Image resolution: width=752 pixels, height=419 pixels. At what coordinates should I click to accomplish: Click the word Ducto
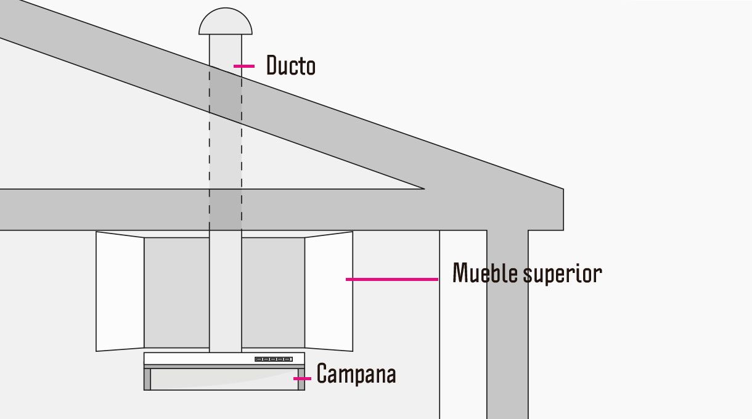pyautogui.click(x=291, y=65)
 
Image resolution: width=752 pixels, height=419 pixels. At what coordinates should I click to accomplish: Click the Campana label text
pyautogui.click(x=356, y=373)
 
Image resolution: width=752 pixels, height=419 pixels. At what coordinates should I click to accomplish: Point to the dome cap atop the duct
pyautogui.click(x=225, y=22)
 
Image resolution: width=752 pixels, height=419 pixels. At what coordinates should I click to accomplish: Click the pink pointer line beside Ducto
pyautogui.click(x=244, y=66)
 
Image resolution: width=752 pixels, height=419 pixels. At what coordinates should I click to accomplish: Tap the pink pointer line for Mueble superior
pyautogui.click(x=392, y=279)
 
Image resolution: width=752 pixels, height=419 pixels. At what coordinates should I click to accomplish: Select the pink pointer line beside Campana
pyautogui.click(x=302, y=378)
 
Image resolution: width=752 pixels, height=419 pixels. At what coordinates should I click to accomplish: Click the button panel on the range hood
pyautogui.click(x=273, y=359)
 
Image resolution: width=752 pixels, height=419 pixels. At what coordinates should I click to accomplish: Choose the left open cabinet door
pyautogui.click(x=120, y=291)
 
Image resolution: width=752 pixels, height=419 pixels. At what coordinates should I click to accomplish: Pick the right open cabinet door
pyautogui.click(x=329, y=291)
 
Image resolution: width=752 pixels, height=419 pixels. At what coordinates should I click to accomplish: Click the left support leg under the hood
pyautogui.click(x=147, y=379)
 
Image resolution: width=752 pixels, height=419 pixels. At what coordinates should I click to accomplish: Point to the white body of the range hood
pyautogui.click(x=224, y=359)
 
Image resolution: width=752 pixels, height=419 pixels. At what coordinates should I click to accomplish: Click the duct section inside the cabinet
pyautogui.click(x=225, y=291)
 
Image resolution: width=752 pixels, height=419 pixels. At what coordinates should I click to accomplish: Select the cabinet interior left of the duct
pyautogui.click(x=176, y=293)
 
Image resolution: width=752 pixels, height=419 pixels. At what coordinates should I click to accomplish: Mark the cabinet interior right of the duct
pyautogui.click(x=273, y=293)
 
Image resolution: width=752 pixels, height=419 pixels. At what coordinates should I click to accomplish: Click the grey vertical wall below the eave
pyautogui.click(x=507, y=324)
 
